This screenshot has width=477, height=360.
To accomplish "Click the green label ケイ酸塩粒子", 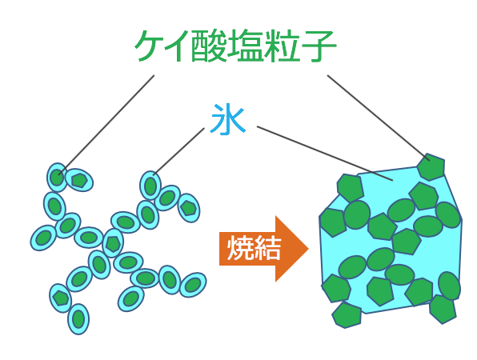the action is [x=235, y=46].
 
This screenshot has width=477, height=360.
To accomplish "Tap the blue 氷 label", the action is [x=227, y=119].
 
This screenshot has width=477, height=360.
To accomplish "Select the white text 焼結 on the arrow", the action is [x=254, y=248].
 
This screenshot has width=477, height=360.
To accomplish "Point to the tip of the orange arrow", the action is [x=309, y=249].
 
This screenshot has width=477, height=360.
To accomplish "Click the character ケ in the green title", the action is [x=151, y=46].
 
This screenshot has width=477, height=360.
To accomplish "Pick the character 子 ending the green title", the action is [x=319, y=46].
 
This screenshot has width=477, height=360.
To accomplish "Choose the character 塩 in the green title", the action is [x=245, y=46].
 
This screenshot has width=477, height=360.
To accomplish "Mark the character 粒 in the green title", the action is [x=282, y=46].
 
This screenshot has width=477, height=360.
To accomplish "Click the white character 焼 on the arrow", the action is [x=240, y=248].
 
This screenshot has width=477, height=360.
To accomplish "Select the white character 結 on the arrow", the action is [x=267, y=248].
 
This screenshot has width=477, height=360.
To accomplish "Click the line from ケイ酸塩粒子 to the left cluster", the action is [x=106, y=125].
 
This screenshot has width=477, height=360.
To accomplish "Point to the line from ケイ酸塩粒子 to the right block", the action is [x=379, y=118].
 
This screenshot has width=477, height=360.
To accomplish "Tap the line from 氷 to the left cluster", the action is [x=178, y=151].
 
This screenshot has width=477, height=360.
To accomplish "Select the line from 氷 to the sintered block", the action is [x=325, y=154].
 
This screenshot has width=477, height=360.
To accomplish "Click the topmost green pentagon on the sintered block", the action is [x=431, y=167].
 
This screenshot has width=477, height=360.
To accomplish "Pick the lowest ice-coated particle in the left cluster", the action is [x=78, y=319].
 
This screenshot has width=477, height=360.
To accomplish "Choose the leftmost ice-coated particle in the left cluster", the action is [x=43, y=238].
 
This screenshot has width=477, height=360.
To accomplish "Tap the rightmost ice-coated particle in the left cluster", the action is [x=193, y=285].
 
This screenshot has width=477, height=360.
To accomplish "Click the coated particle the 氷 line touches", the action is [x=150, y=185].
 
